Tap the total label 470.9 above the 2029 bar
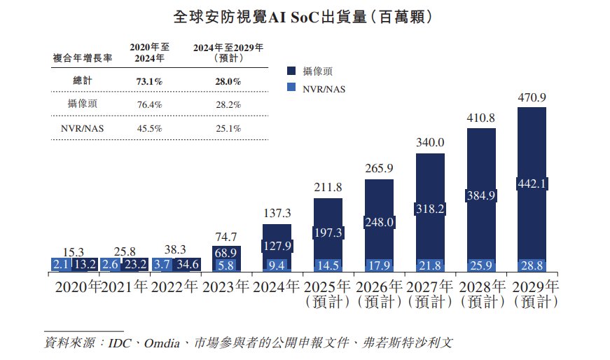531,96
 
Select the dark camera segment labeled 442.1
531,184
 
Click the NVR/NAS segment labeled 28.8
531,264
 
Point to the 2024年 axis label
277,286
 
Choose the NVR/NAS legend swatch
292,88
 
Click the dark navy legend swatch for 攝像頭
292,71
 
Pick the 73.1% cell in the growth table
148,81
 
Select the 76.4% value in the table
148,104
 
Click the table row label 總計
82,81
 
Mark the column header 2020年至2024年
148,53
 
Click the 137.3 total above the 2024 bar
277,213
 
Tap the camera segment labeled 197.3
328,232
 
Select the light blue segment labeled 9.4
277,265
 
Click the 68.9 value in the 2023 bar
226,251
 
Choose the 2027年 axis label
430,286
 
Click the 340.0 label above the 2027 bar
430,142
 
